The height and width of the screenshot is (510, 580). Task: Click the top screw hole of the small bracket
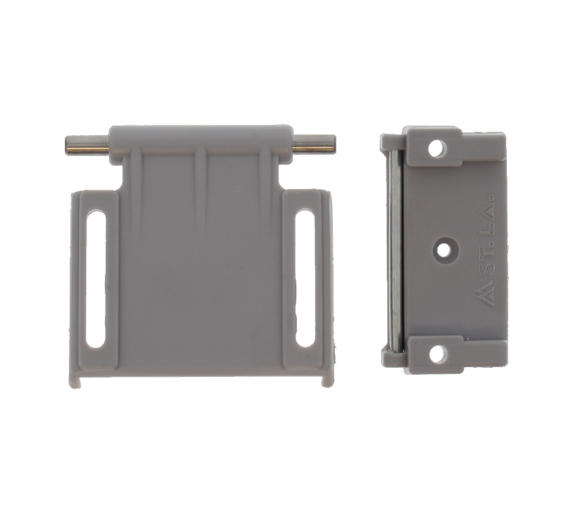(x=436, y=148)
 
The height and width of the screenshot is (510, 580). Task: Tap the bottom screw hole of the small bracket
(x=436, y=353)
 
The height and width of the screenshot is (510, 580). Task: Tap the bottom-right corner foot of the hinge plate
(x=326, y=379)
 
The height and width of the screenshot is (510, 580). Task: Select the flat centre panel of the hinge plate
(x=200, y=290)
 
